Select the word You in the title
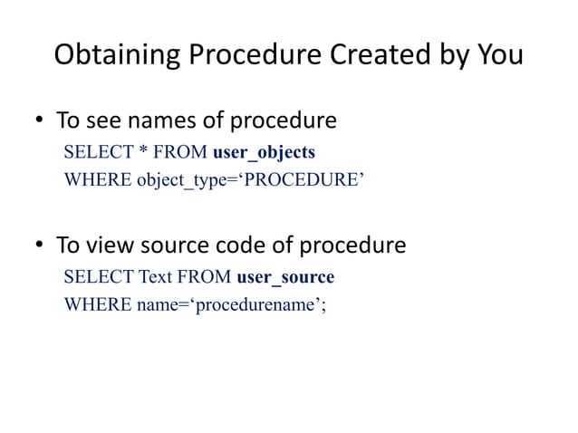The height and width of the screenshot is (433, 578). (x=500, y=55)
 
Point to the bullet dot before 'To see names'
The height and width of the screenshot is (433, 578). (x=40, y=121)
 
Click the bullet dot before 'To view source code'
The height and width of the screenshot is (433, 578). (x=40, y=246)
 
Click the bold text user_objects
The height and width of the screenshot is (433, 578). (x=264, y=151)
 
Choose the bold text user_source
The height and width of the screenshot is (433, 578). (x=284, y=276)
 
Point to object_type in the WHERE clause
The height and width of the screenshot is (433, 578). (x=178, y=178)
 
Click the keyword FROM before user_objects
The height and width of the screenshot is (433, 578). (x=178, y=151)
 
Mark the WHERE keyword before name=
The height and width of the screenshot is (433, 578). (x=97, y=303)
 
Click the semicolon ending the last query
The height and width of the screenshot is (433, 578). (x=323, y=304)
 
